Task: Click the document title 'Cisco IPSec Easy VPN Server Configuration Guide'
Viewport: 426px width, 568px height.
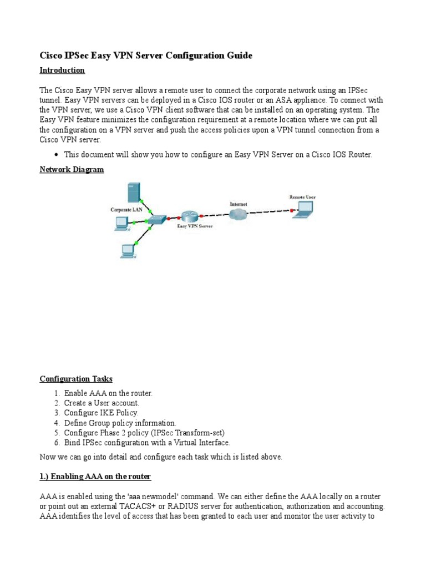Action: click(x=146, y=55)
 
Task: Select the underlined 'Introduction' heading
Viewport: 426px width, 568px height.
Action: click(x=62, y=70)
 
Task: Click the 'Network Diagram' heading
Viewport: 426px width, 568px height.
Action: click(x=72, y=169)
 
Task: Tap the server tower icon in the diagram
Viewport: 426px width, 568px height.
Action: click(x=133, y=192)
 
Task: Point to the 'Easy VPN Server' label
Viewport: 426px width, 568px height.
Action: click(x=194, y=226)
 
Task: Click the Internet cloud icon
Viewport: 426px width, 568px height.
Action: click(x=239, y=215)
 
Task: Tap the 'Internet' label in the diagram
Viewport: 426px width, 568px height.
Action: click(x=239, y=204)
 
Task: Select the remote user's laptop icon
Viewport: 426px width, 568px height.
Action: click(x=303, y=208)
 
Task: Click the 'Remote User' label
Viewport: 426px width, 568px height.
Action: click(x=302, y=197)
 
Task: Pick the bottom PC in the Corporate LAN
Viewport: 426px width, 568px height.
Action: click(x=128, y=250)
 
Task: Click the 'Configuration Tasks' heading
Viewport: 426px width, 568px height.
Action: click(x=76, y=379)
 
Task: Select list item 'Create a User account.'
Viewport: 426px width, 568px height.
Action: click(x=102, y=403)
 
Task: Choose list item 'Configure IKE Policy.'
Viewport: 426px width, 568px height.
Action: click(x=101, y=413)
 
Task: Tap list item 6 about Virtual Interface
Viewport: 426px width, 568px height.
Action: click(x=146, y=443)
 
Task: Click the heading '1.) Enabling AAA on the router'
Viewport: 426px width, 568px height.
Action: click(x=95, y=477)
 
